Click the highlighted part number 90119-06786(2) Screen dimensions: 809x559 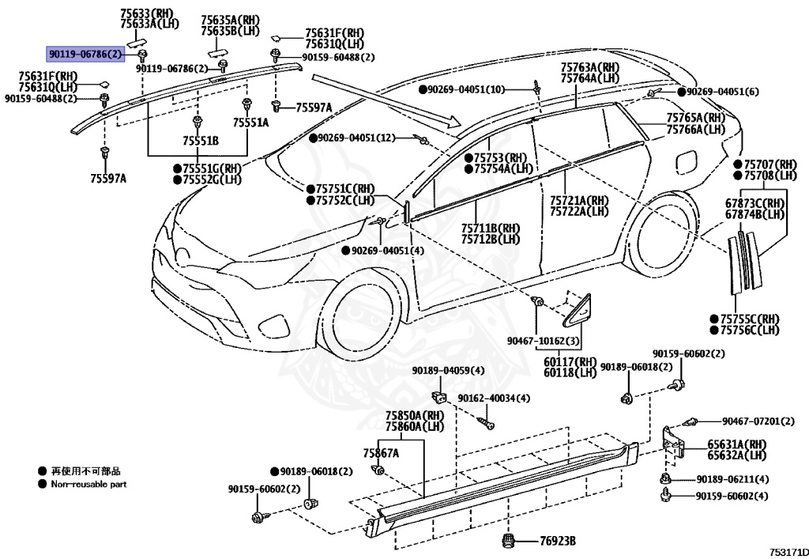[86, 54]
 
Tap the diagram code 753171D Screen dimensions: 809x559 [789, 552]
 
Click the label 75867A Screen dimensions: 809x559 [381, 453]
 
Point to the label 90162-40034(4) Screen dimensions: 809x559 [494, 398]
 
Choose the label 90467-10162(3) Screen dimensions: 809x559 [544, 341]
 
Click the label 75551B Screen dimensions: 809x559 [200, 141]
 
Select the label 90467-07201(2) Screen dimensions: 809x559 [758, 421]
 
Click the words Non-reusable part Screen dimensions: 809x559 [88, 484]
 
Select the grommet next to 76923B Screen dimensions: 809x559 [509, 540]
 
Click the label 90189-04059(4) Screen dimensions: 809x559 [449, 371]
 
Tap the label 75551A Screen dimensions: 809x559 [250, 123]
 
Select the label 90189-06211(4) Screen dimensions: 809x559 [732, 479]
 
